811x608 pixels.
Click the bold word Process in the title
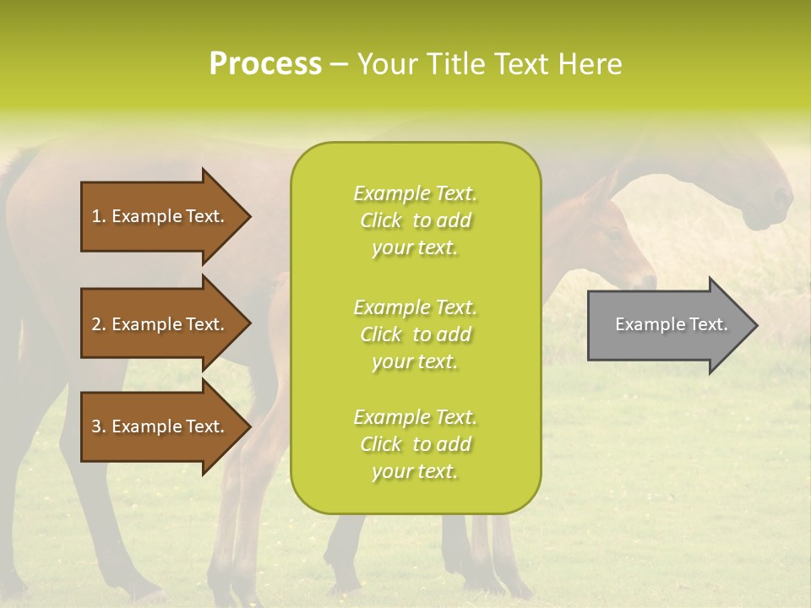point(265,64)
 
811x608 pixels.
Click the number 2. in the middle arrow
point(99,324)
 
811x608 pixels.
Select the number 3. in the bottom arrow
point(99,426)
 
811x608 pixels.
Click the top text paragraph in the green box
point(415,220)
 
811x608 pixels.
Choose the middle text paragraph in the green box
point(415,334)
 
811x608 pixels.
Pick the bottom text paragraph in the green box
point(415,444)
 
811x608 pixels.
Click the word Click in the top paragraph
point(381,220)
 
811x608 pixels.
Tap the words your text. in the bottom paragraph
point(415,472)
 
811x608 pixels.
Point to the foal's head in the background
point(617,245)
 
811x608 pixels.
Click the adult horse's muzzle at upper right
point(773,207)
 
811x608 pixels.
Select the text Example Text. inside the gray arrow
point(671,324)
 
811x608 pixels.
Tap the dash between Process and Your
point(339,64)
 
